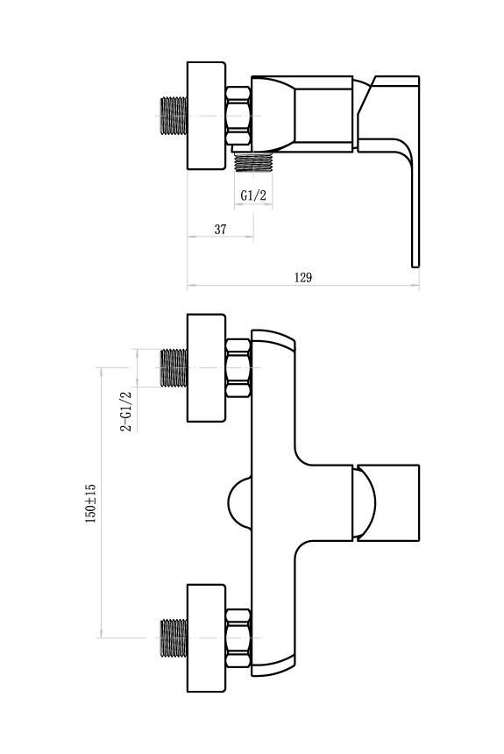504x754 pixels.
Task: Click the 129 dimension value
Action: pyautogui.click(x=303, y=277)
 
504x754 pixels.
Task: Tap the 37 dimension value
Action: pyautogui.click(x=220, y=230)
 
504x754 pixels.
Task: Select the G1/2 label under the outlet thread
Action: pyautogui.click(x=253, y=196)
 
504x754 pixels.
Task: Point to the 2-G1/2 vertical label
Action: pyautogui.click(x=126, y=411)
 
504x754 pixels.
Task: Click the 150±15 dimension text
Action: pyautogui.click(x=90, y=503)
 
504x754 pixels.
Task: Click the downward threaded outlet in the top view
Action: pyautogui.click(x=253, y=162)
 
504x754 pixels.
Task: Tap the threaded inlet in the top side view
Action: pyautogui.click(x=174, y=116)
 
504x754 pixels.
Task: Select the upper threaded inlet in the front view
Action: pyautogui.click(x=174, y=368)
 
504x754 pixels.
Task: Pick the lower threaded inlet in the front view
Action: pyautogui.click(x=174, y=638)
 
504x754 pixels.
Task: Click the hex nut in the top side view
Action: pyautogui.click(x=238, y=116)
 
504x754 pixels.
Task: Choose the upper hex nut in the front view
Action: pyautogui.click(x=238, y=368)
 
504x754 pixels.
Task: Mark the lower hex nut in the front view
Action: pyautogui.click(x=238, y=638)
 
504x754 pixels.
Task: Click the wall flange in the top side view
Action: pyautogui.click(x=206, y=116)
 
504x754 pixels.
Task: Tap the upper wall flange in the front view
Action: pyautogui.click(x=206, y=368)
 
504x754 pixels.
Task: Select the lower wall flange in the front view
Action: pyautogui.click(x=206, y=638)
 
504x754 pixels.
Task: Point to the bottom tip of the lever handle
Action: pyautogui.click(x=415, y=267)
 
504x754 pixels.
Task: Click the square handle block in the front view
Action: pyautogui.click(x=388, y=503)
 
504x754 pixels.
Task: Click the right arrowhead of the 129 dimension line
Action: pyautogui.click(x=416, y=286)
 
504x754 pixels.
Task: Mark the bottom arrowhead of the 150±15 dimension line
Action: pyautogui.click(x=101, y=634)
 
